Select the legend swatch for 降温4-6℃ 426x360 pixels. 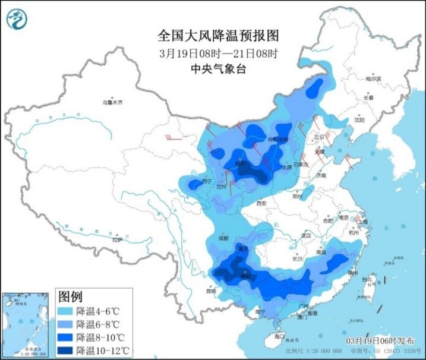click(x=66, y=311)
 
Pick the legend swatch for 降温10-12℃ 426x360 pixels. click(x=66, y=350)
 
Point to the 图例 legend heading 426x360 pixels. click(x=70, y=296)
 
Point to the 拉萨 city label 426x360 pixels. click(x=117, y=239)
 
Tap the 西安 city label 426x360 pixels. click(x=261, y=203)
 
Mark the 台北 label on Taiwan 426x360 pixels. click(x=367, y=278)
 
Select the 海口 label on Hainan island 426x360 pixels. click(x=279, y=336)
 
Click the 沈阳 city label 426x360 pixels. click(x=358, y=119)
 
